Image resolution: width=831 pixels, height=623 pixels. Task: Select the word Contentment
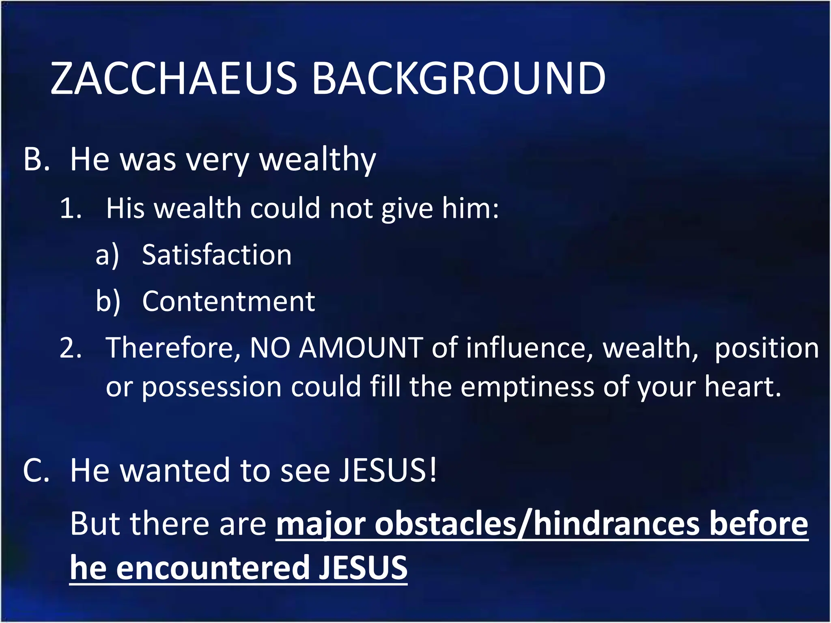tap(228, 301)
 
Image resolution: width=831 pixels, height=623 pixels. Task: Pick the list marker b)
tap(108, 302)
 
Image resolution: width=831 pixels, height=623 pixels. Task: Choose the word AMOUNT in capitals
tap(361, 348)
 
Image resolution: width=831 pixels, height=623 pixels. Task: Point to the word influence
tap(529, 348)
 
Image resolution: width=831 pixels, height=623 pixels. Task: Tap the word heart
tap(742, 387)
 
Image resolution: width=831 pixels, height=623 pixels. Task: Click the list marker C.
tap(36, 470)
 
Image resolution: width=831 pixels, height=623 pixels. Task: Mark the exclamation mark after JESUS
tap(433, 470)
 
